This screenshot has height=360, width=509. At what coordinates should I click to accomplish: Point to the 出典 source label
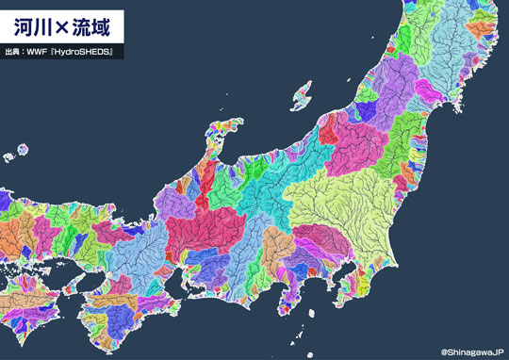point(14,50)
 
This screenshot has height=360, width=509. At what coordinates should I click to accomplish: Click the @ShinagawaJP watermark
point(472,351)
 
